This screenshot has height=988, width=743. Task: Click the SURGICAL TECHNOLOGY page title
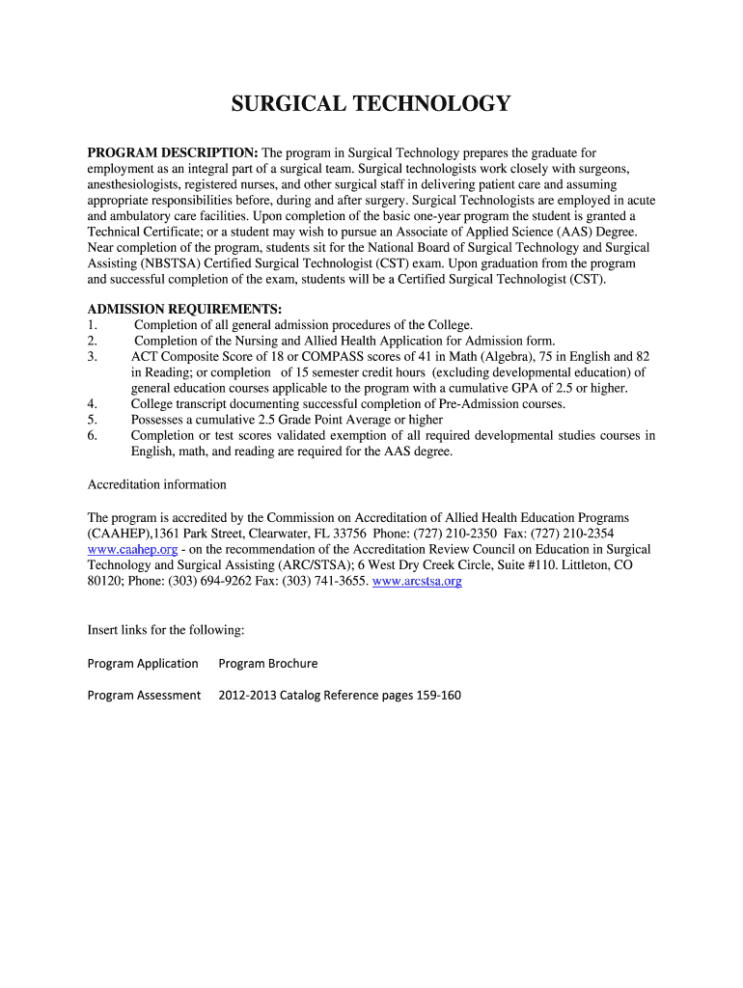pyautogui.click(x=371, y=104)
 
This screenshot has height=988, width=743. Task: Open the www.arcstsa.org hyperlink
pyautogui.click(x=417, y=581)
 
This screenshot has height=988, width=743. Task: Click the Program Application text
pyautogui.click(x=143, y=663)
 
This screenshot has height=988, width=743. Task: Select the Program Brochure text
pyautogui.click(x=268, y=663)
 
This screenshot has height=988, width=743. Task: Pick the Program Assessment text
pyautogui.click(x=144, y=695)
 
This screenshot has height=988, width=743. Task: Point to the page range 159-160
pyautogui.click(x=439, y=695)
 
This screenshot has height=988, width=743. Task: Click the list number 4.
pyautogui.click(x=92, y=403)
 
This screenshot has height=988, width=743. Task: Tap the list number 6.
pyautogui.click(x=92, y=435)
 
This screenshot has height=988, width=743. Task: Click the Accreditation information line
pyautogui.click(x=157, y=484)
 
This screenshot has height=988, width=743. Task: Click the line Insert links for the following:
pyautogui.click(x=166, y=630)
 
